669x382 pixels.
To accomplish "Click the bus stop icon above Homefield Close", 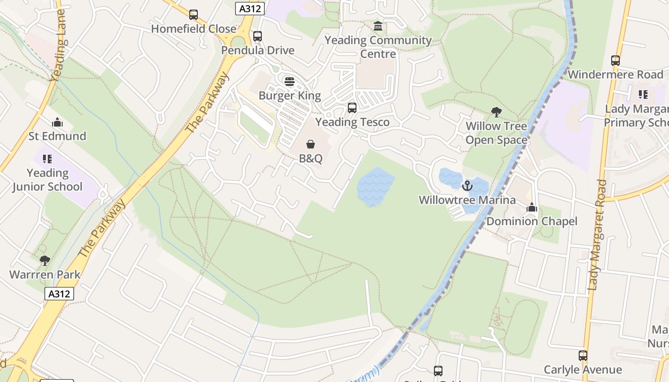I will point(194,15).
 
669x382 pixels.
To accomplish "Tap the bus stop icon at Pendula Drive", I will point(258,36).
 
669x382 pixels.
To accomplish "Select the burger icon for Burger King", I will point(290,82).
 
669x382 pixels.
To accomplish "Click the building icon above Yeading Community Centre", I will point(378,26).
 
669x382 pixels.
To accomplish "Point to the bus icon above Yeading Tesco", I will point(352,108).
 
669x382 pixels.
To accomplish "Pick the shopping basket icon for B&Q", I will point(311,144).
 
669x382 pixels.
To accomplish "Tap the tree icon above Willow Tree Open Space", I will point(496,112).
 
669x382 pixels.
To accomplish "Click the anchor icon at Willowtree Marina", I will point(467,186).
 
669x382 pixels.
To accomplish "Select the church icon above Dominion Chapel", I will point(532,207).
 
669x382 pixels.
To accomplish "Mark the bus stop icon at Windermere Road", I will point(615,61).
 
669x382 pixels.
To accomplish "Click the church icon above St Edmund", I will point(57,122).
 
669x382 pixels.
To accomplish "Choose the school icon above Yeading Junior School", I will point(47,159).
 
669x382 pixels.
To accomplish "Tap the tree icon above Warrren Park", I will point(45,261).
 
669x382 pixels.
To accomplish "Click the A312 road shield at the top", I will point(250,8).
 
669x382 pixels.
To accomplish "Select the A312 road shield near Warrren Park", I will point(60,294).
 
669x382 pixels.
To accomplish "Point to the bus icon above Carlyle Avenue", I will point(583,356).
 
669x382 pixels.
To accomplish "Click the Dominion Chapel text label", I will point(532,222).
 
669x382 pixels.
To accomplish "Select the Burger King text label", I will point(290,95).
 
